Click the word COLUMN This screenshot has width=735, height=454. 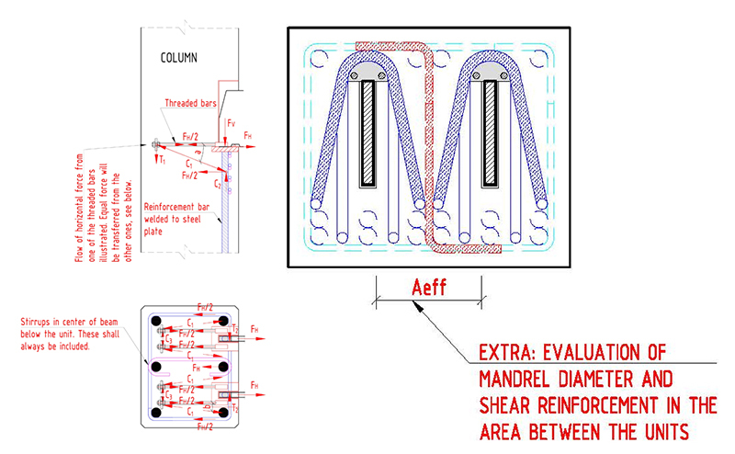(180, 57)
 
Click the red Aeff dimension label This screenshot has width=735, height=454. (428, 289)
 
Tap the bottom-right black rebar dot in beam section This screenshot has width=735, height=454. (223, 414)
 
